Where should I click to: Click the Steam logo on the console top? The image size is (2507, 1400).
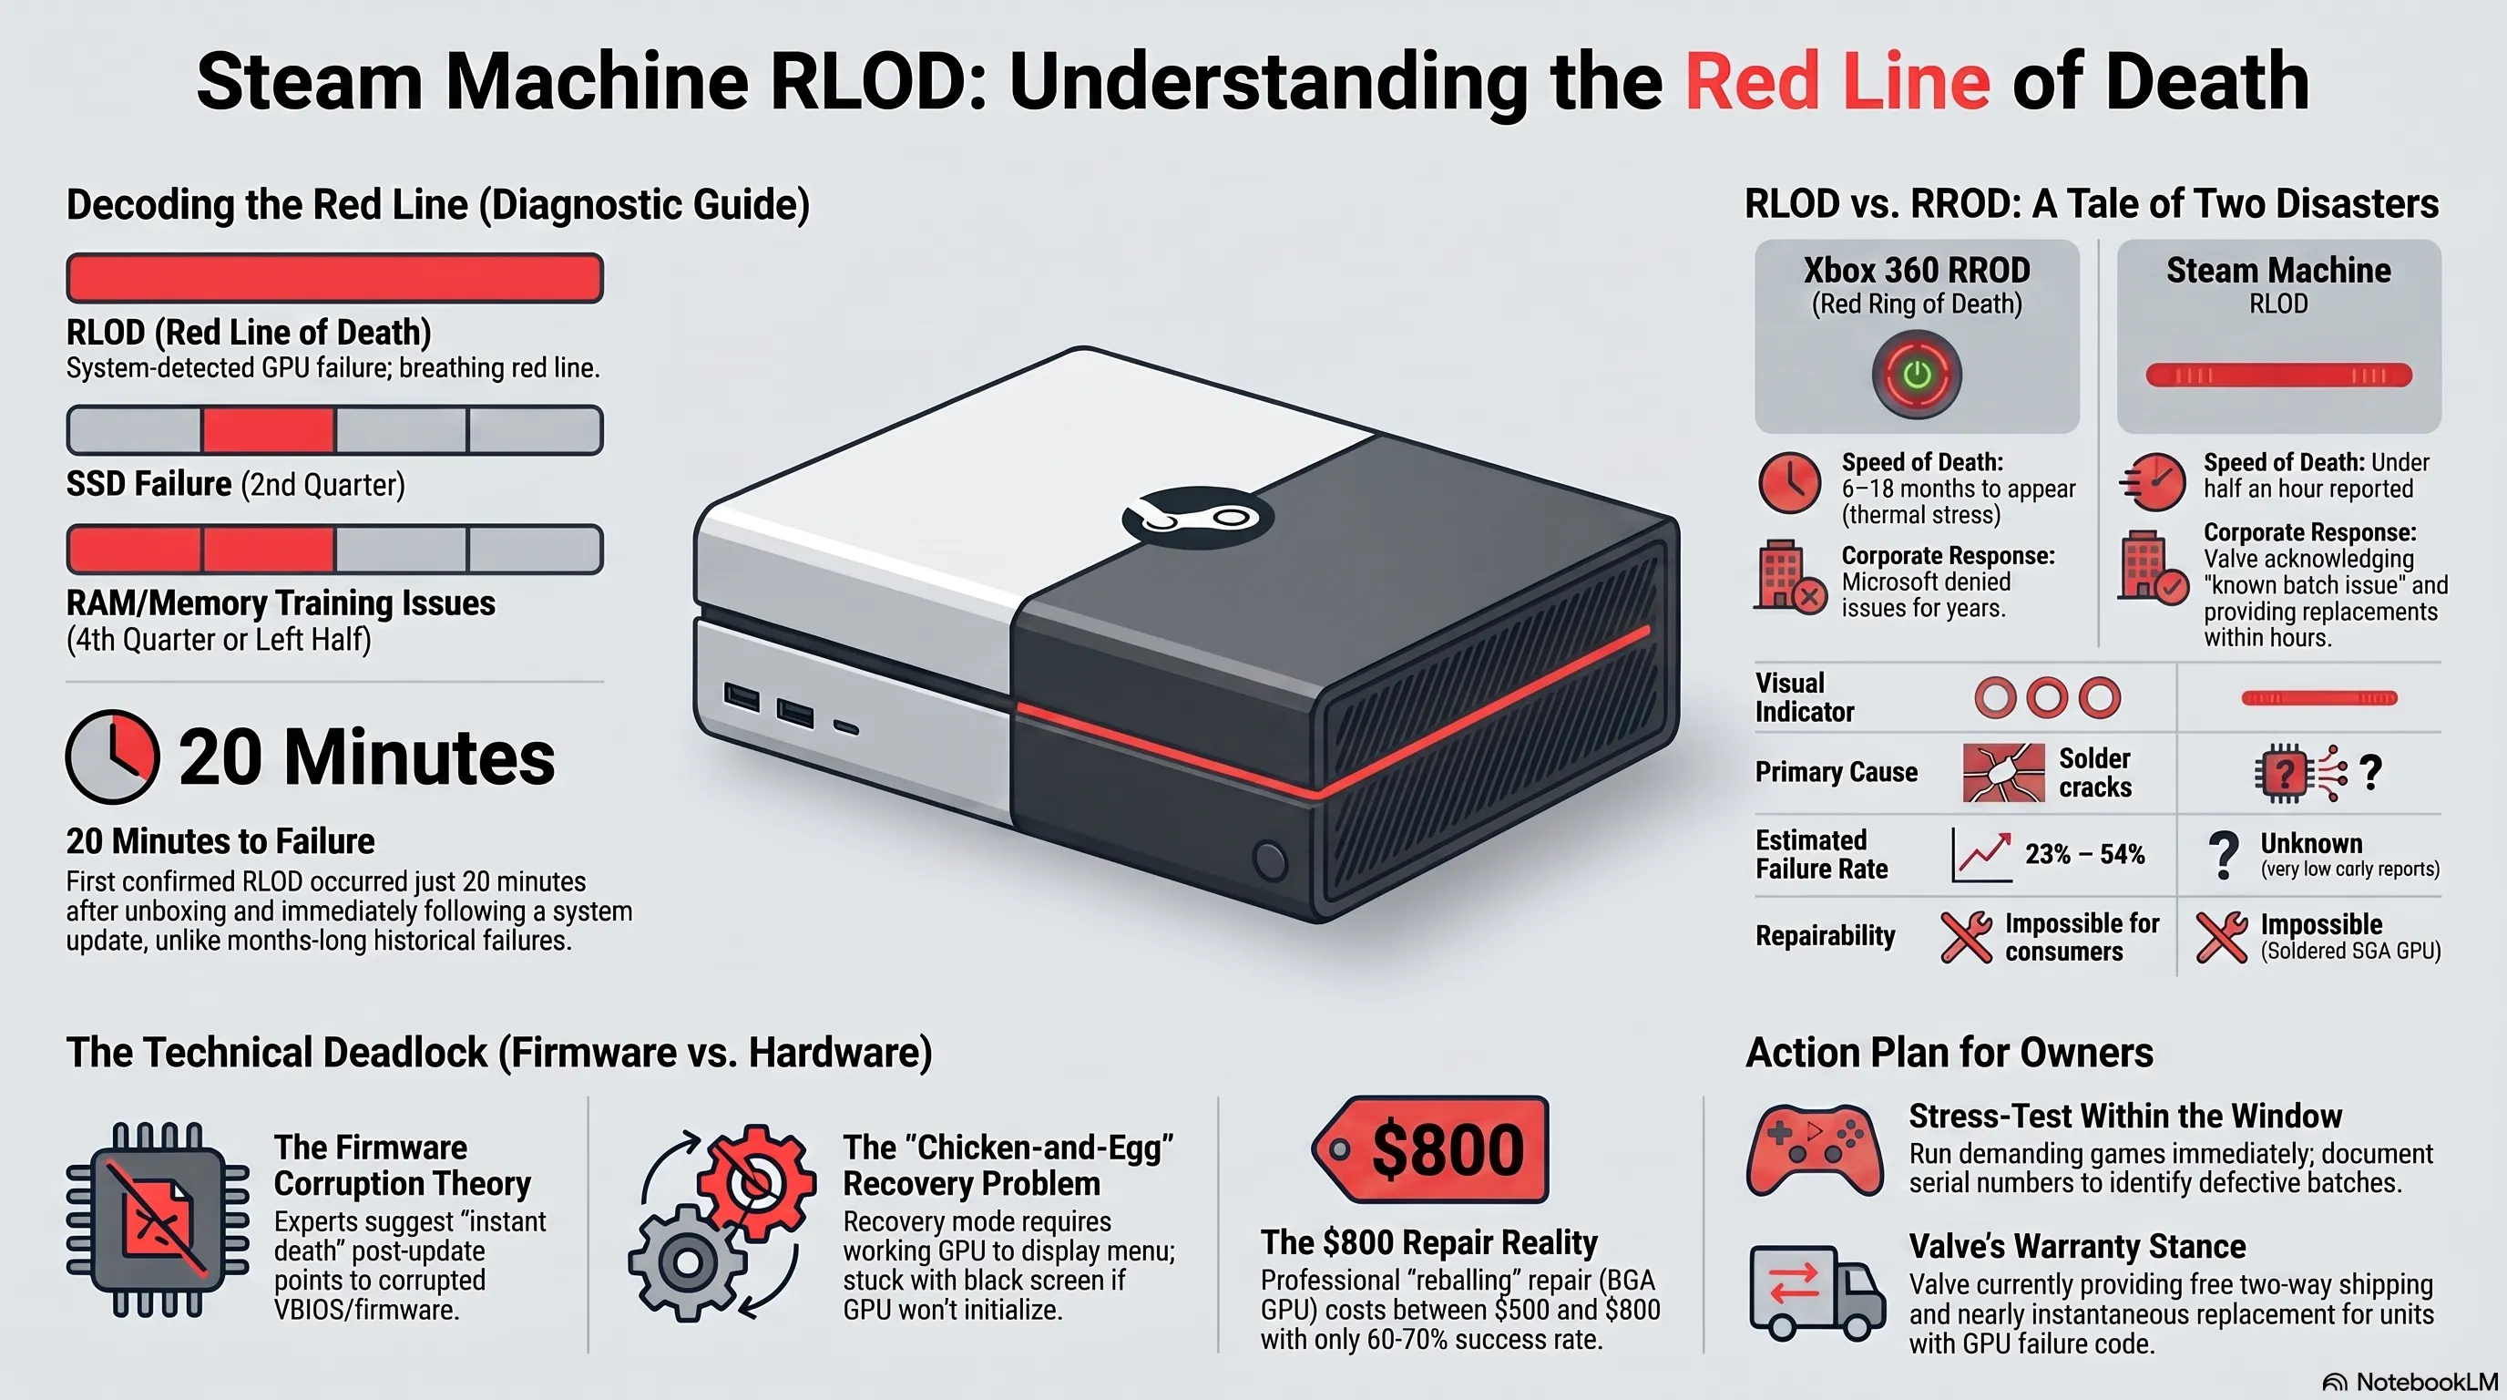(1198, 516)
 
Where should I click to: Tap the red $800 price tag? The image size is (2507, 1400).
(1429, 1149)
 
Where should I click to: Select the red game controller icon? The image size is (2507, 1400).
(1814, 1148)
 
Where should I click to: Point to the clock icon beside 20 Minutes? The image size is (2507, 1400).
(112, 757)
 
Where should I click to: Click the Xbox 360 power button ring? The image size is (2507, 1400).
(1917, 375)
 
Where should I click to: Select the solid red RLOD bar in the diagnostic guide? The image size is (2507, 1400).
(335, 278)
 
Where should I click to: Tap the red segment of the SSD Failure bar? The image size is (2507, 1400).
(269, 430)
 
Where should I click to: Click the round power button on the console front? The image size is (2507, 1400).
(1269, 860)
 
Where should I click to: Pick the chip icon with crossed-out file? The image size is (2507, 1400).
(158, 1220)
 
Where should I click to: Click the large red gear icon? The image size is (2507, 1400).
(757, 1182)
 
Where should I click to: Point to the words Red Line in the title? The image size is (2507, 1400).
(1837, 81)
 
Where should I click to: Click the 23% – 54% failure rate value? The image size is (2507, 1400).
(2084, 854)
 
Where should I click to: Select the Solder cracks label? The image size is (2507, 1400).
(2094, 772)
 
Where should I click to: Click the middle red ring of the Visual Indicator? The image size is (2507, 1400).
(2047, 697)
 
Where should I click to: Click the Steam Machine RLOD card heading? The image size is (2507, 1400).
(2278, 270)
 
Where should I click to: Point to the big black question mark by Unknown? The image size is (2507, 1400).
(2224, 855)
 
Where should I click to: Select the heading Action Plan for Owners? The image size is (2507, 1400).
(1949, 1053)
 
